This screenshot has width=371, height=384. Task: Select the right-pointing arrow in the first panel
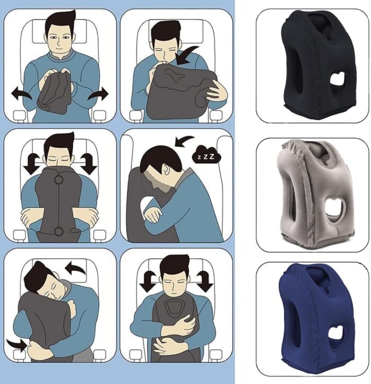[x=98, y=94]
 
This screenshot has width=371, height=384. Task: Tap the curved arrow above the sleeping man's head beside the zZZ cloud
[x=184, y=141]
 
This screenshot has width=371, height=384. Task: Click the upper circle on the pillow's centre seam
[x=59, y=180]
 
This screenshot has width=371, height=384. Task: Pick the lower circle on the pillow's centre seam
[x=59, y=231]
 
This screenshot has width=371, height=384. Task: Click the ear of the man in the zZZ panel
[x=166, y=169]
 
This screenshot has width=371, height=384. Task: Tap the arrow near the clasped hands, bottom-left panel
[x=16, y=345]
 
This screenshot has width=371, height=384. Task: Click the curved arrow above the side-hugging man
[x=76, y=267]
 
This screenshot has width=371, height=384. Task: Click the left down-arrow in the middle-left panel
[x=32, y=164]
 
